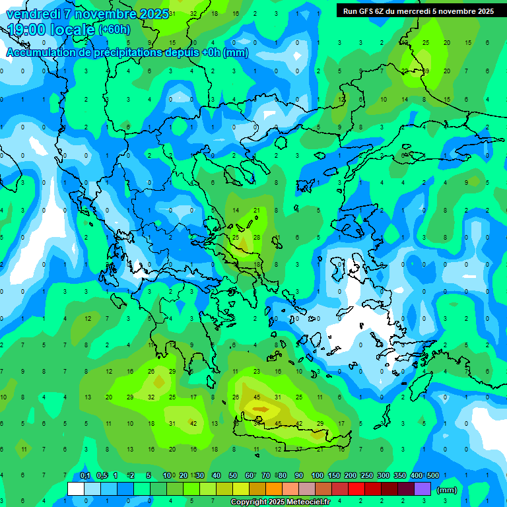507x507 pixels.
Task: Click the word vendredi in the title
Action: [34, 14]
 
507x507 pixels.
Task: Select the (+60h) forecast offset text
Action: [114, 30]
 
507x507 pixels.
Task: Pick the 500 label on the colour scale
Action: [433, 476]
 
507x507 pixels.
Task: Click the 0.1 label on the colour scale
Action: [85, 476]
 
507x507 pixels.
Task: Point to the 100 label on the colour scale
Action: [318, 476]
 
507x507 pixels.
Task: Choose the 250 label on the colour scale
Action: [367, 476]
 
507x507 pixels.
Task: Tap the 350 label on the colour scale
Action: [400, 476]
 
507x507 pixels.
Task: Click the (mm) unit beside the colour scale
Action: [447, 490]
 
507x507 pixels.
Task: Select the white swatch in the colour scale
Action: [76, 489]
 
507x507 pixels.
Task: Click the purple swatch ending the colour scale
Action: [422, 489]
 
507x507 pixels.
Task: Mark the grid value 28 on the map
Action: [256, 237]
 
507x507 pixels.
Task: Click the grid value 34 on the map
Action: [256, 423]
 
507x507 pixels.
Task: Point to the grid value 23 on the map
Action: [256, 372]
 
